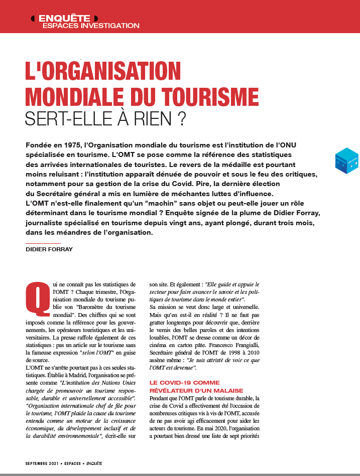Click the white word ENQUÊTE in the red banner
[64, 18]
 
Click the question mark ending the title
[181, 119]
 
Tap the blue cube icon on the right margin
[346, 161]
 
